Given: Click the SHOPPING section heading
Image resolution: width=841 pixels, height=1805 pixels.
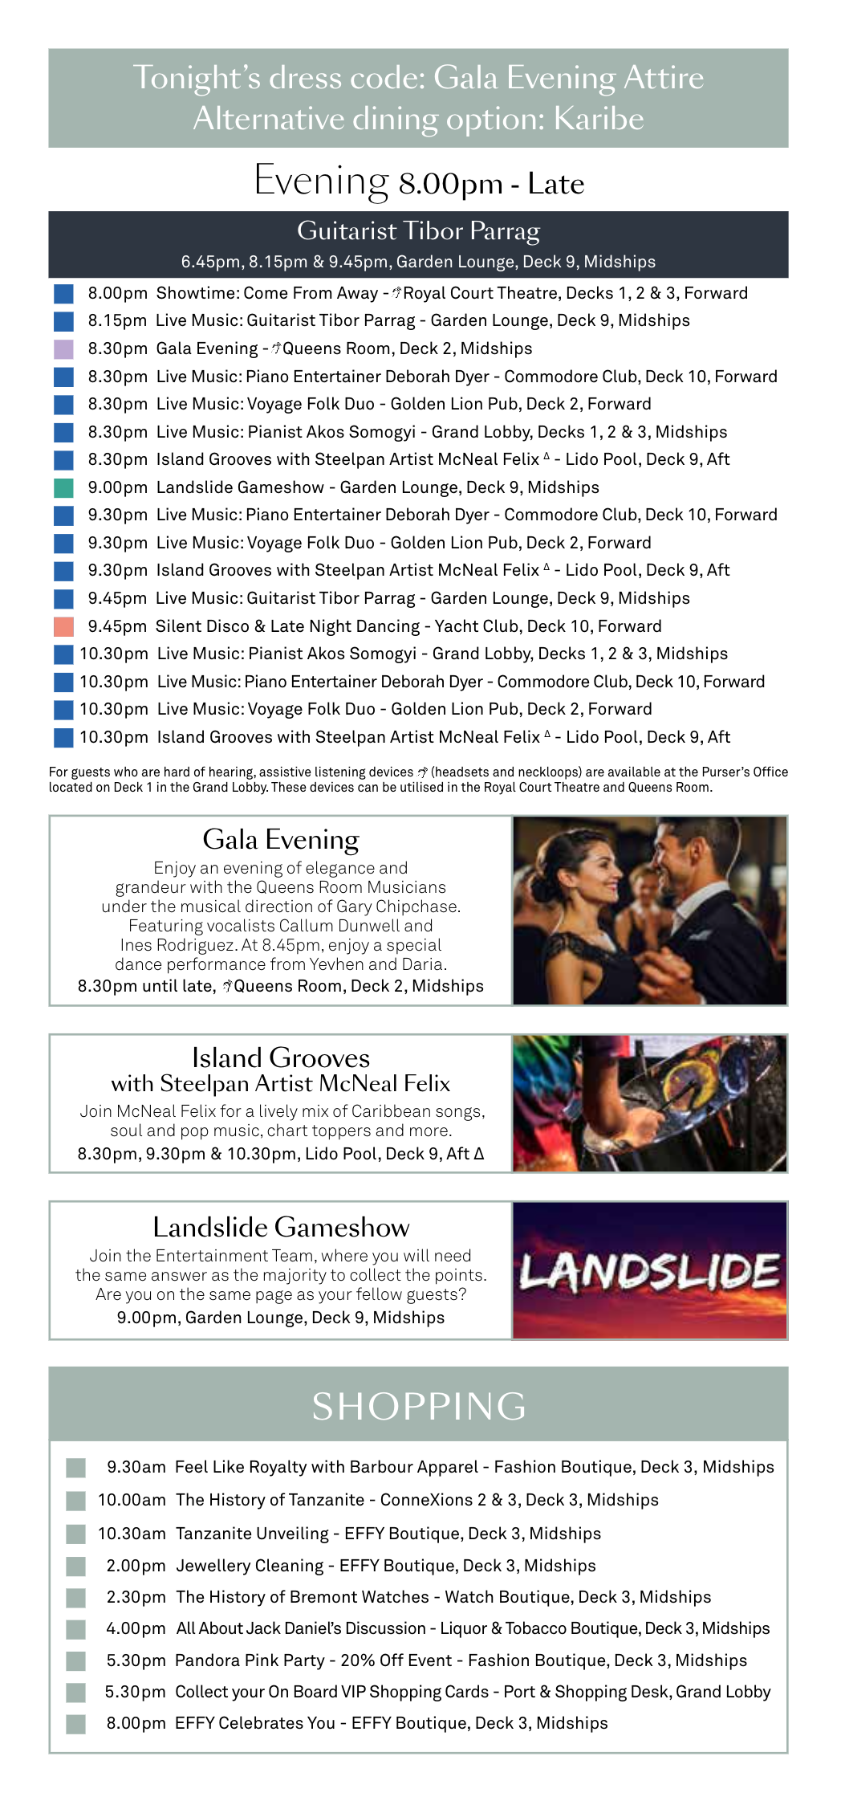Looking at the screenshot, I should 419,1406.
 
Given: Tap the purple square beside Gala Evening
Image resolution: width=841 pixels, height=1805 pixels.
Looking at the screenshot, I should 63,349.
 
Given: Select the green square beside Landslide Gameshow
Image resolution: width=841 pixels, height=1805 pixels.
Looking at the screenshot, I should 63,488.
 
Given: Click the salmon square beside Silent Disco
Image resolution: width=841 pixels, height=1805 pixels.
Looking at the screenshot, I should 63,627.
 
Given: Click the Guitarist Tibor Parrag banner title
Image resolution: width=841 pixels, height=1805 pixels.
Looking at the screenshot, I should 418,231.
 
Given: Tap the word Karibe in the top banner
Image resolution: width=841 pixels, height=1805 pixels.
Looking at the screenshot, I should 599,119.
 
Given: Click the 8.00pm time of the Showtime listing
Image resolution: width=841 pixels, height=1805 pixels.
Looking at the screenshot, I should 117,294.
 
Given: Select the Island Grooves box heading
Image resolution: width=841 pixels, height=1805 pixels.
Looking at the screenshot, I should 281,1057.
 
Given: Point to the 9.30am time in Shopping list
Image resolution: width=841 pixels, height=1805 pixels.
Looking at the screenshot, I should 136,1467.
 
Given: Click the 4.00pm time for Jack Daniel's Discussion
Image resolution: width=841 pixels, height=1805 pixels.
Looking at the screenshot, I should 136,1628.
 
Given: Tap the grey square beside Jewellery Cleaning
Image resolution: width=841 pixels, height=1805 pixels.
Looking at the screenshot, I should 75,1566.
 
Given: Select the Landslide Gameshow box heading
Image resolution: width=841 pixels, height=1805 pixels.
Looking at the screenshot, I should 281,1227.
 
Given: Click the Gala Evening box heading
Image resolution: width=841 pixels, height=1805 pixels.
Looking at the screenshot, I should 281,839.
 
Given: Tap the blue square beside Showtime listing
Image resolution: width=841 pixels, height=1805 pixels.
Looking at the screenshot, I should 63,294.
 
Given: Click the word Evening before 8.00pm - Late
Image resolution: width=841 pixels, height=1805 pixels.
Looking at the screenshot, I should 321,181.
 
